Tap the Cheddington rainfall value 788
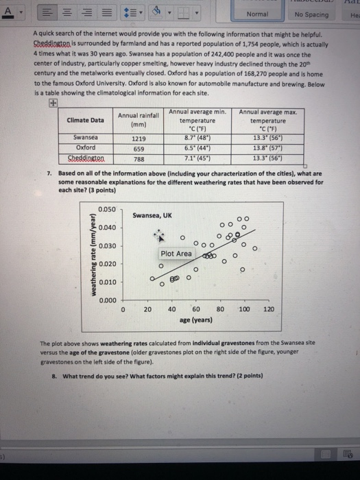(x=139, y=156)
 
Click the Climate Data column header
(x=85, y=120)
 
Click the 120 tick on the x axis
(x=268, y=310)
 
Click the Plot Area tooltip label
(x=176, y=254)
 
